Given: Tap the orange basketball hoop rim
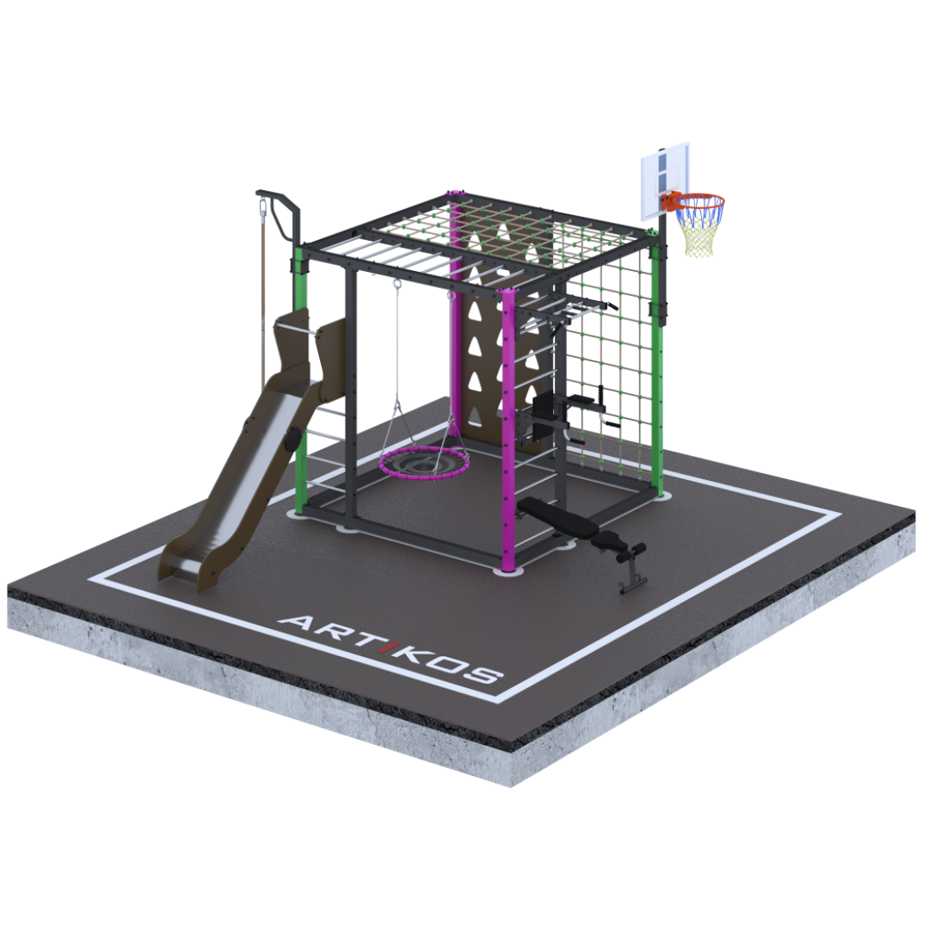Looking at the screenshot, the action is (699, 196).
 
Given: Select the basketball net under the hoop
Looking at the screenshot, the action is (699, 227).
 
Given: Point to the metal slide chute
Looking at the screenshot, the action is (234, 474).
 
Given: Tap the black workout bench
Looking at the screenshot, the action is (581, 533).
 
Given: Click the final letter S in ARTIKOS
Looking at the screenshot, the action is (480, 674).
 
